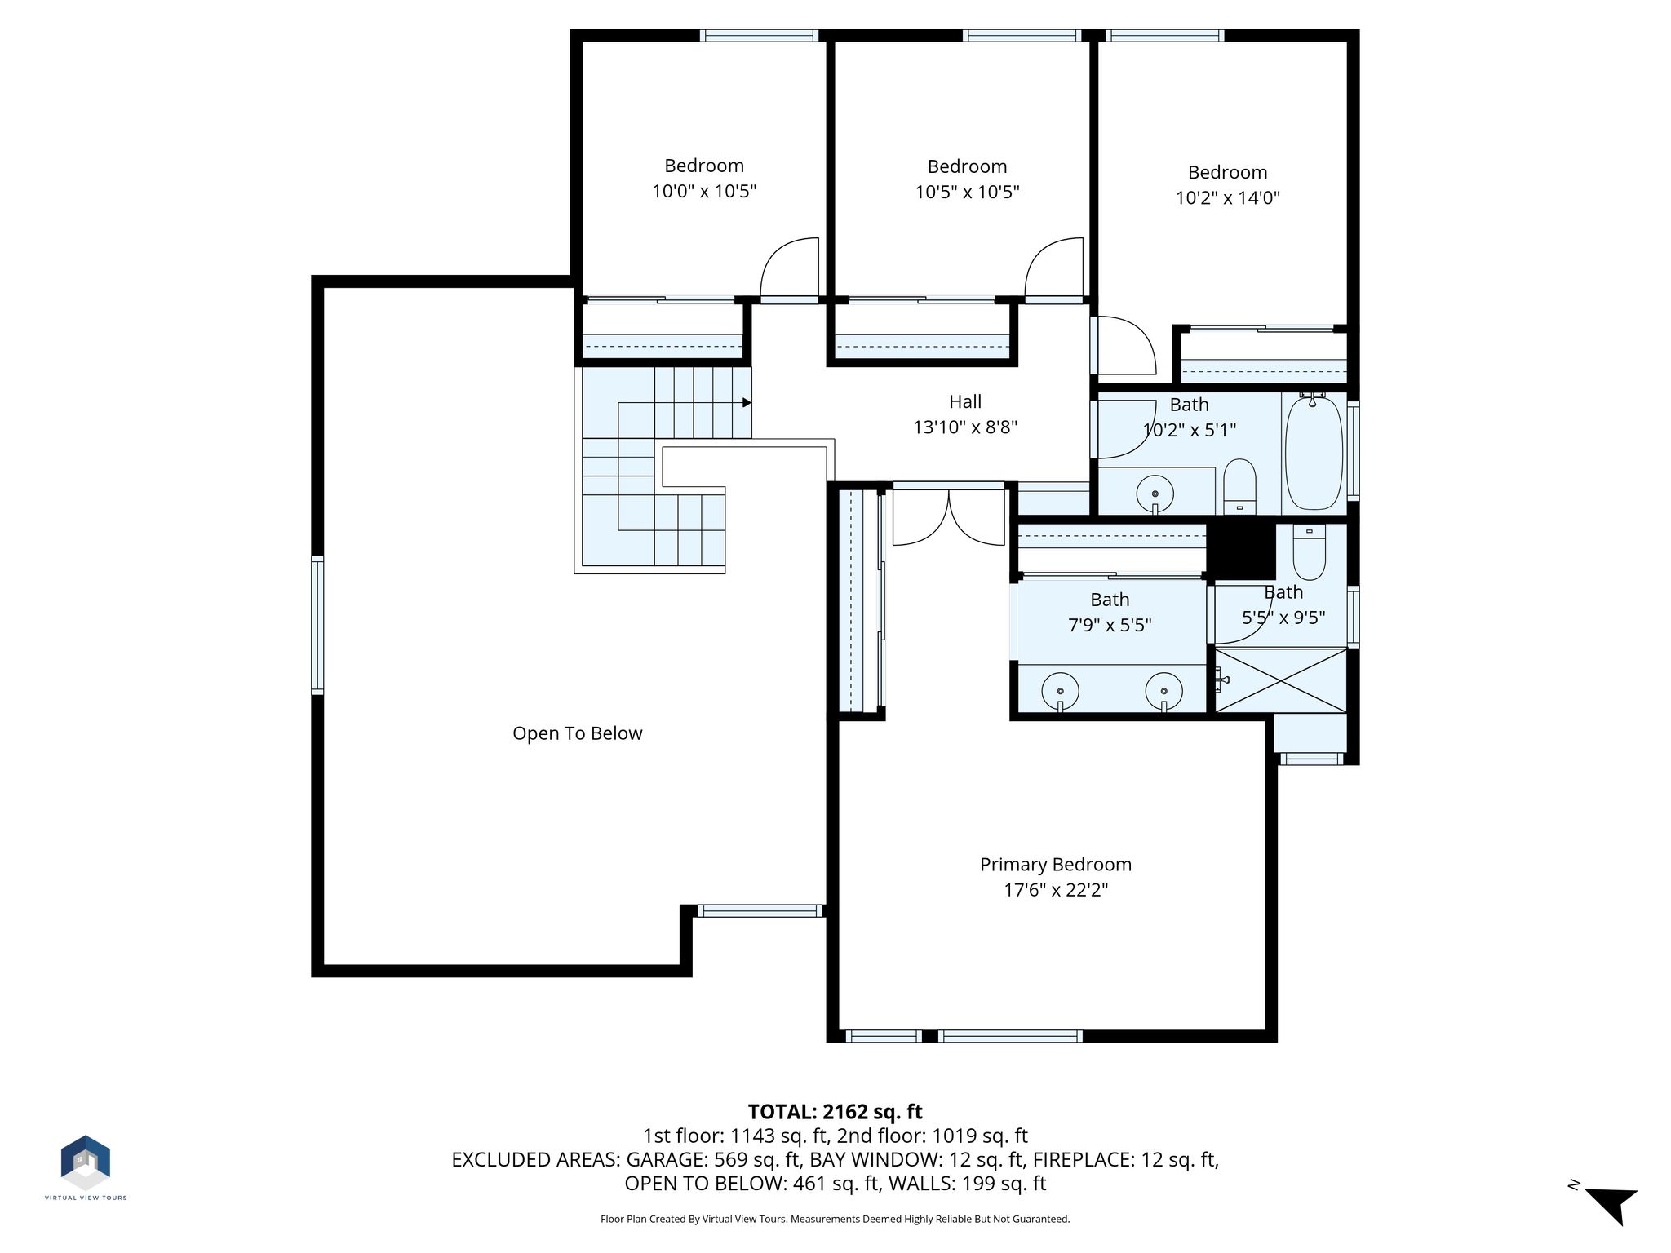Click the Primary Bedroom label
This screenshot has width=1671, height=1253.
pos(1055,865)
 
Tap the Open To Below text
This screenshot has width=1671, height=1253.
pos(577,733)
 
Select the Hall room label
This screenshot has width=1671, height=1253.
pos(965,401)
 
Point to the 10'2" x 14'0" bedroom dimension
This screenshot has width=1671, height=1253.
pos(1227,197)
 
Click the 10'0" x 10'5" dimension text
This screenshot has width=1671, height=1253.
pos(704,192)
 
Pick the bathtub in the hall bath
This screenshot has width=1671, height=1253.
pos(1314,453)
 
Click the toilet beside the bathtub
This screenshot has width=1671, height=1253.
pos(1240,487)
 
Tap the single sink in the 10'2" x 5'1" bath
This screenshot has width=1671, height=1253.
pos(1155,494)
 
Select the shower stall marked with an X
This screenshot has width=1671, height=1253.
pos(1281,680)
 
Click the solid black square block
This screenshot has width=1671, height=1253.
pos(1241,551)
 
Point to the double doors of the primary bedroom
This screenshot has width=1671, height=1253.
pos(948,517)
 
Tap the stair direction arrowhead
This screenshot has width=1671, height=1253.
pos(747,403)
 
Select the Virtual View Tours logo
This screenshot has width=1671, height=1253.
pos(86,1167)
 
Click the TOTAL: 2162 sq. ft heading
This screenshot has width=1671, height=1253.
pos(835,1112)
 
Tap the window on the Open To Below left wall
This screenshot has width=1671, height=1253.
pos(317,626)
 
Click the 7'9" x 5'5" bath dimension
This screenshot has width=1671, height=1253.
pos(1110,625)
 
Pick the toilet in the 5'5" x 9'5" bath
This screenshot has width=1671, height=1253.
pos(1310,551)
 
